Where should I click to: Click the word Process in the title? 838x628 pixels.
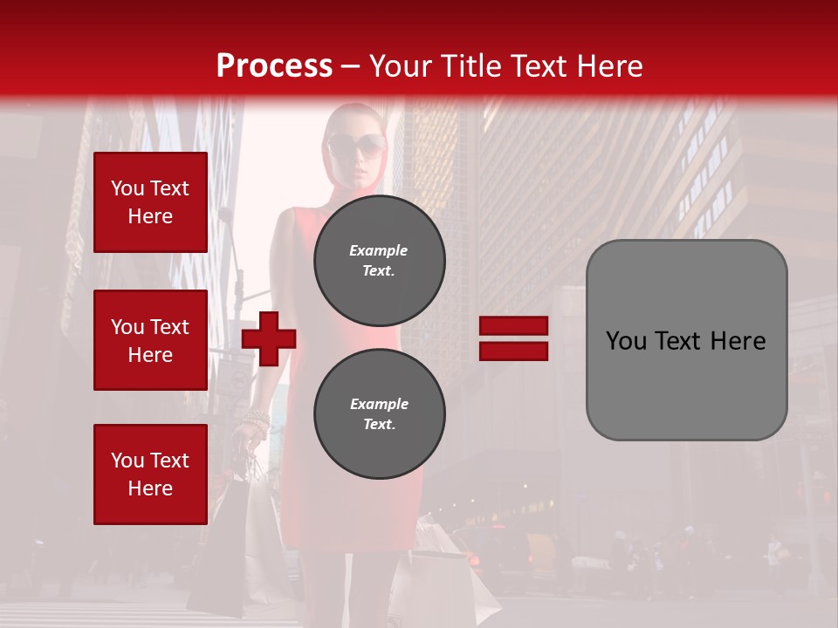(274, 66)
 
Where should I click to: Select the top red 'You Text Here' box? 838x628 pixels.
(150, 202)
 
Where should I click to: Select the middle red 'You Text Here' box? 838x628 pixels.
(150, 340)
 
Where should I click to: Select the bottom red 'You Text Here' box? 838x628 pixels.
(150, 474)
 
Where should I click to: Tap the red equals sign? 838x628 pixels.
(513, 338)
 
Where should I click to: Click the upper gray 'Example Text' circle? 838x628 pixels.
(379, 260)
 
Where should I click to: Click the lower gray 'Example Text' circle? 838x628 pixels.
(379, 413)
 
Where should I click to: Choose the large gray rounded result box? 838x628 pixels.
(686, 340)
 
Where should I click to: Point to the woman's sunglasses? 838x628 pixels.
(355, 144)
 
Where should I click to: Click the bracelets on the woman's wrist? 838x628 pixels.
(255, 423)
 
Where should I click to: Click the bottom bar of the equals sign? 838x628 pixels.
(513, 351)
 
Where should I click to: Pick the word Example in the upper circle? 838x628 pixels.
(378, 250)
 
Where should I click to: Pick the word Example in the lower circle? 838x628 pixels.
(379, 404)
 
